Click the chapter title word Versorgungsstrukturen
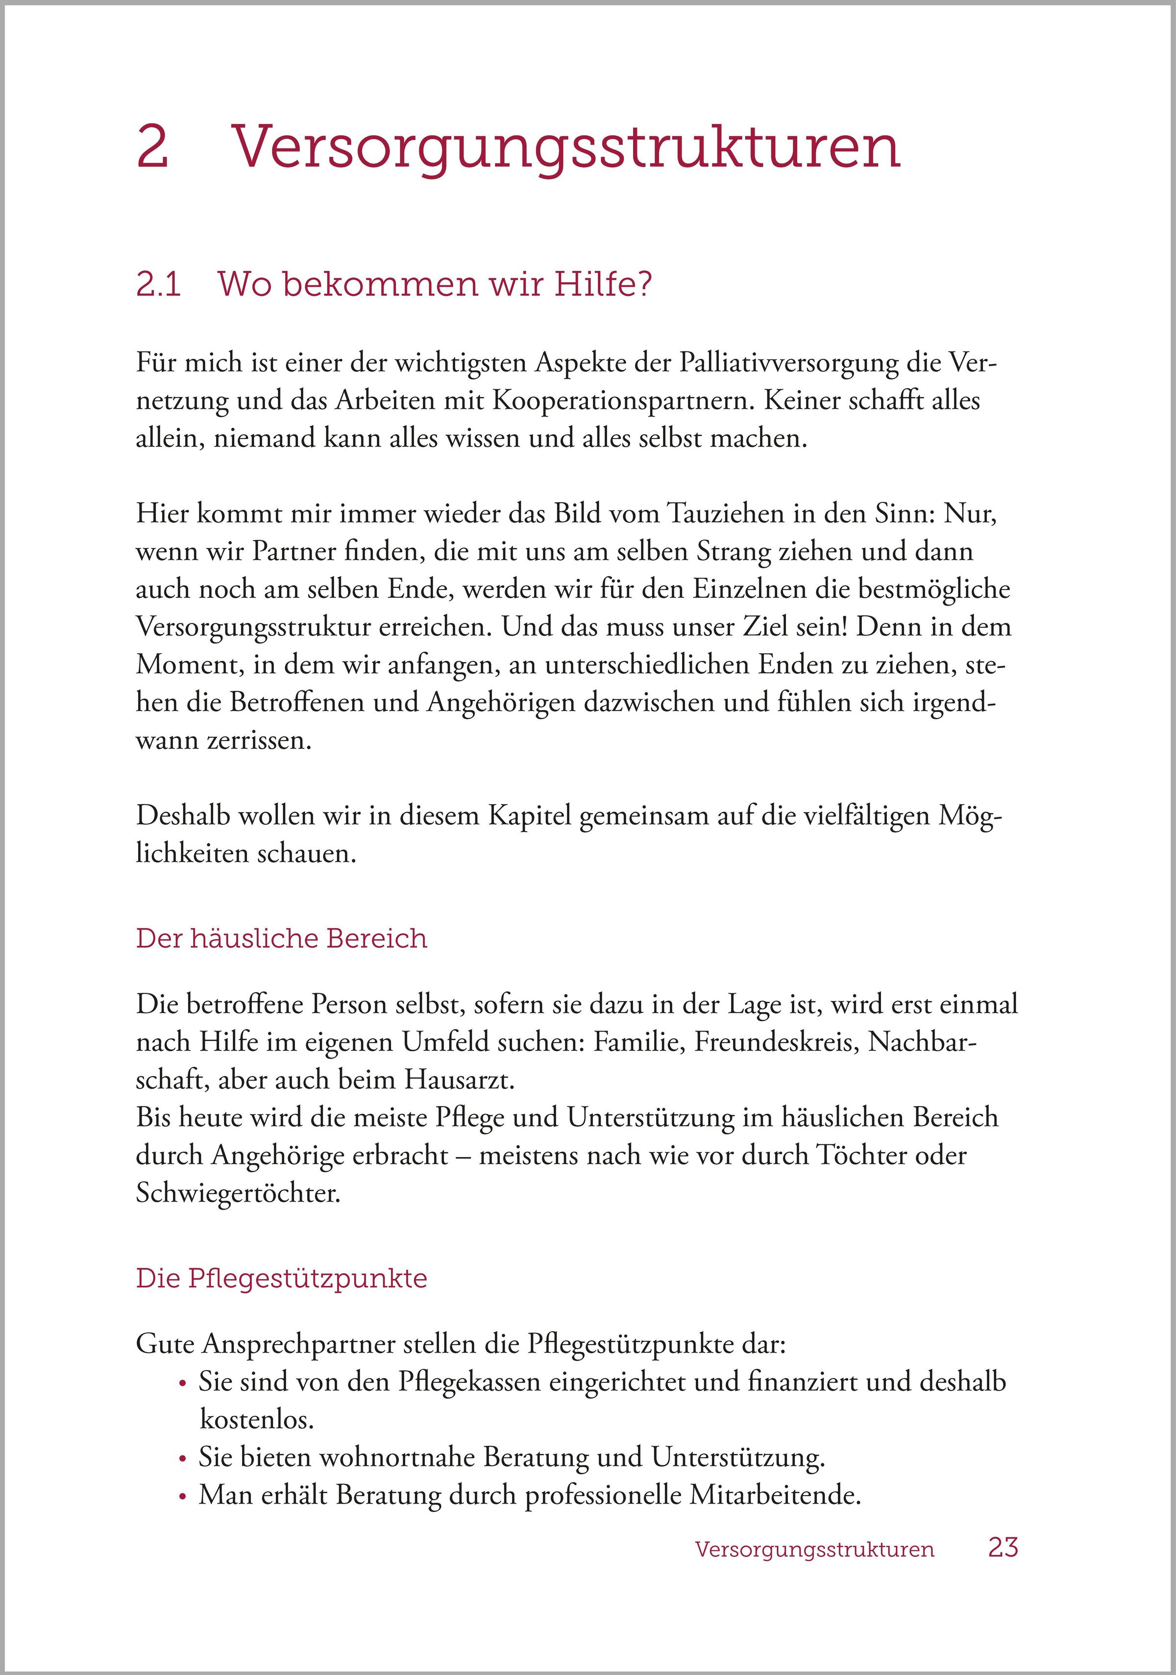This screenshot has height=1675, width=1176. point(565,148)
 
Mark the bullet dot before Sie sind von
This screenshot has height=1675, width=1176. point(183,1383)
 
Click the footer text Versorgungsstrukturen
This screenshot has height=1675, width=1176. point(814,1550)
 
